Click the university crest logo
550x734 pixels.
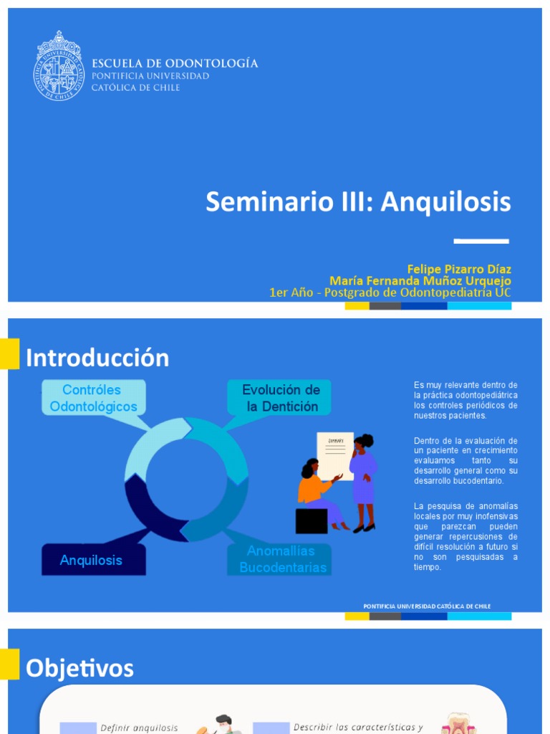point(59,66)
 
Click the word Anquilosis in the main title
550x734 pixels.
point(445,202)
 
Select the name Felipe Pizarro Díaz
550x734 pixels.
point(459,270)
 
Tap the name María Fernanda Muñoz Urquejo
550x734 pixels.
point(420,281)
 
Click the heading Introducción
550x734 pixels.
point(97,358)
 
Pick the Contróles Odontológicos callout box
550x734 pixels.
point(93,399)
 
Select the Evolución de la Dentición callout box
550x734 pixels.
point(280,399)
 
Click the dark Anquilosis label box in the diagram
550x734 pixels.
point(92,560)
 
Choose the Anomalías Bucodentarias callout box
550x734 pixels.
point(282,559)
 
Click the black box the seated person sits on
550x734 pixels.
point(311,520)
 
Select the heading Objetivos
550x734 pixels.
point(79,669)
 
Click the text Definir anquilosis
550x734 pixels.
point(139,728)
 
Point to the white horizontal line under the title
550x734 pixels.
point(481,241)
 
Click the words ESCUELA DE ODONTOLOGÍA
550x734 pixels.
point(175,63)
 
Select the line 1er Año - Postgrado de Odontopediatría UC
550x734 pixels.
point(390,292)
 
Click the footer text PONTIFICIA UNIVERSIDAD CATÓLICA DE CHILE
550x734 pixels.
point(427,606)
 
